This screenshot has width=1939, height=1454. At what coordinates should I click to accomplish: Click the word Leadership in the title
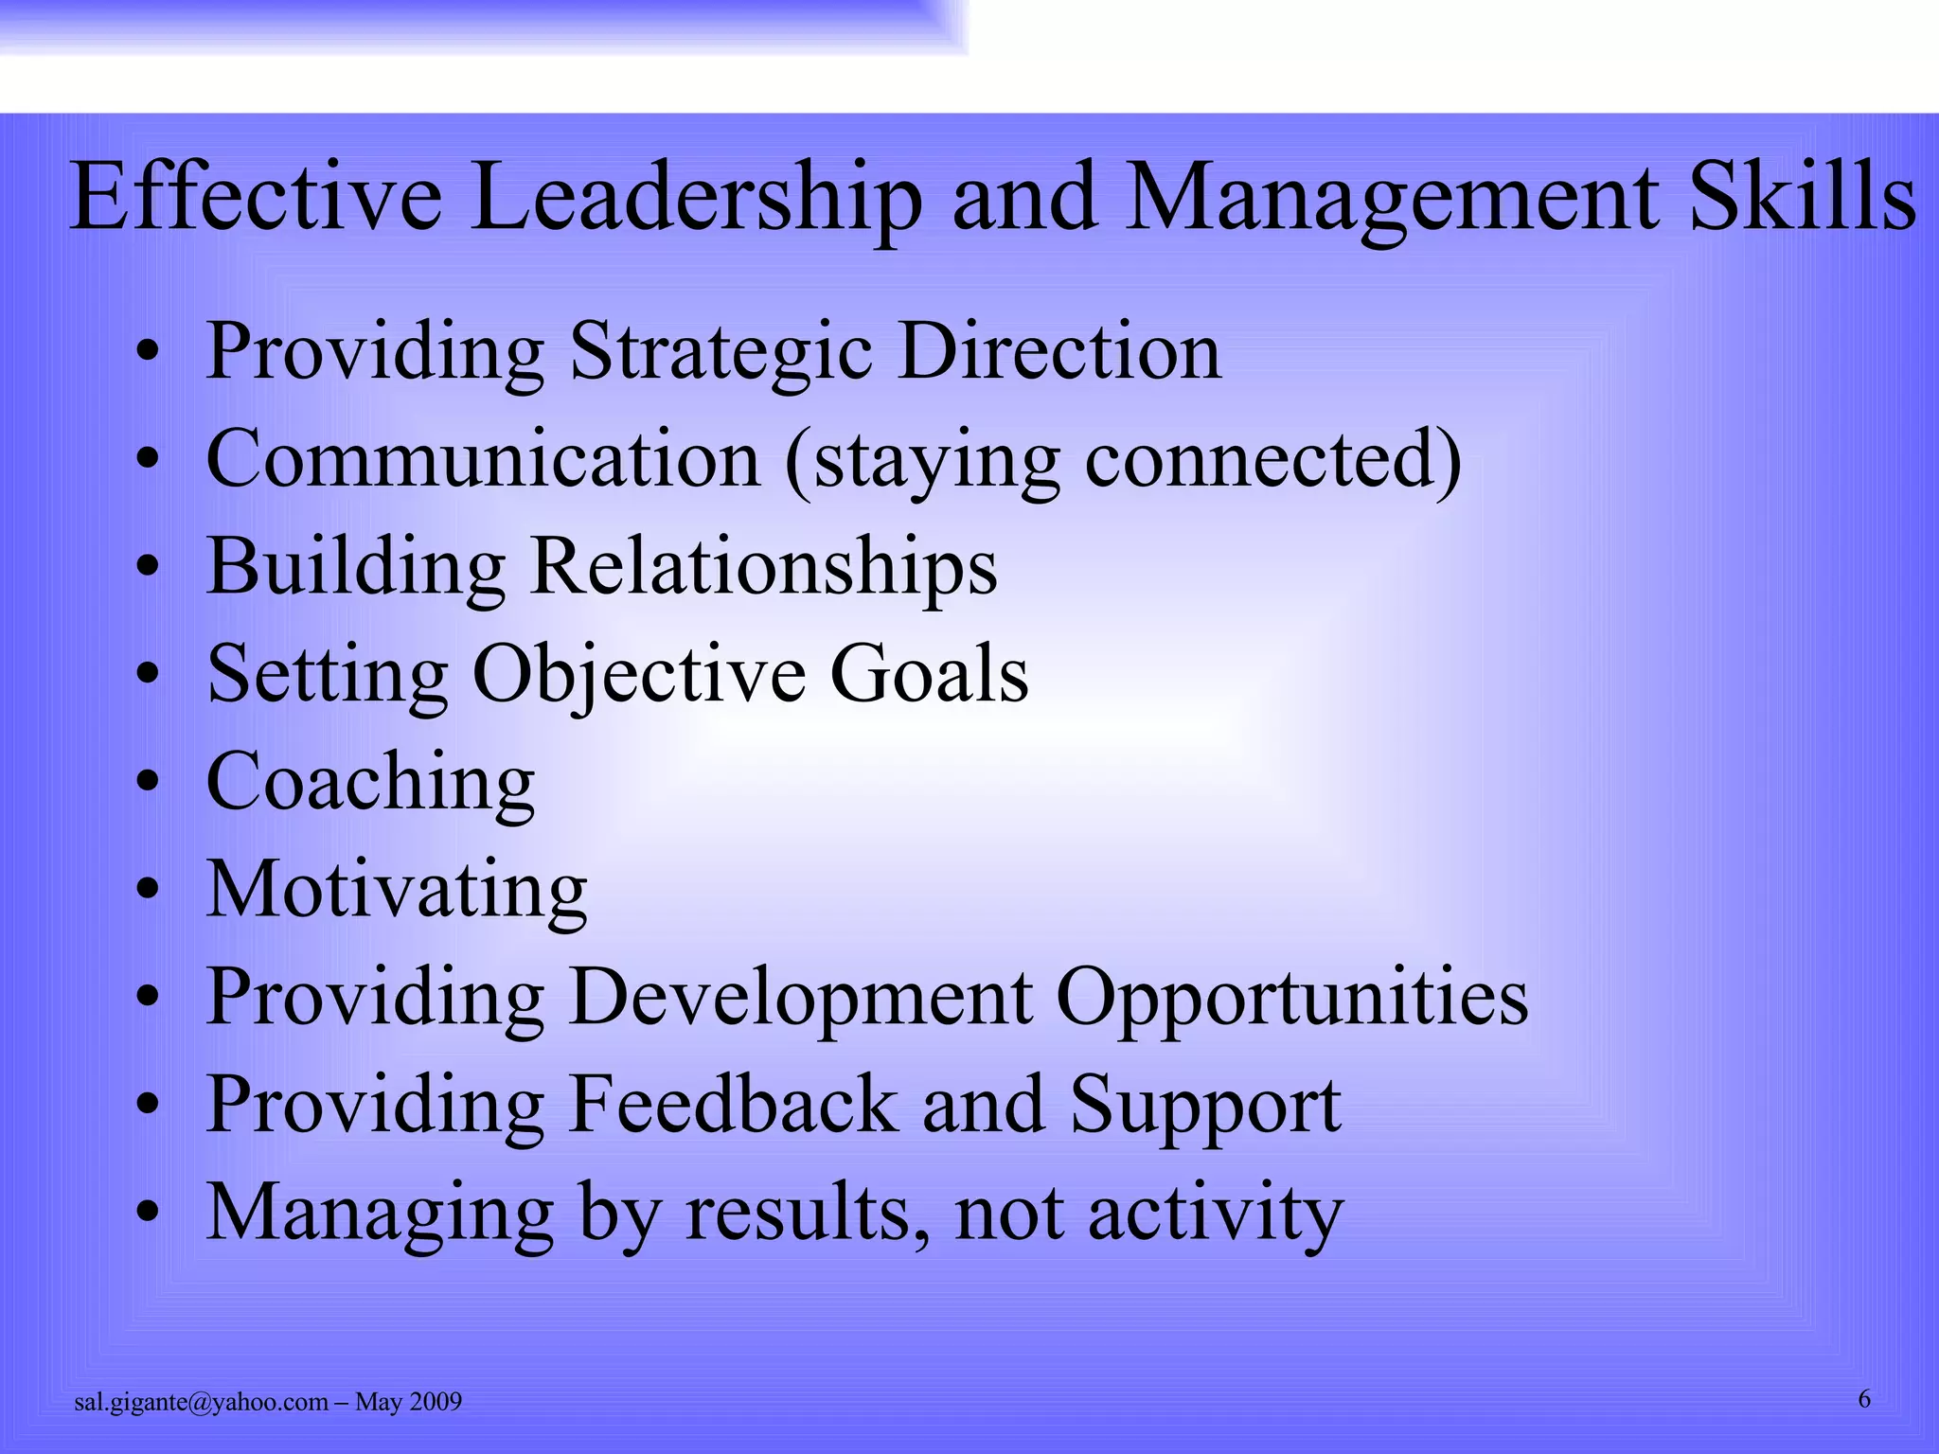tap(695, 198)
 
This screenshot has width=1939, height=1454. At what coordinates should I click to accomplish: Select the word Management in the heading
tap(1393, 198)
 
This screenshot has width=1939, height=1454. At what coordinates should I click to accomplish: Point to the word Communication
tap(484, 459)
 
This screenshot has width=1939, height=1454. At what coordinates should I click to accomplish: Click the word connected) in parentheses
tap(1273, 459)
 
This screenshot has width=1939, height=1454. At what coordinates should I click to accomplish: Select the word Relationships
tap(763, 566)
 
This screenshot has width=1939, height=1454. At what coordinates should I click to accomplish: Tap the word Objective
tap(640, 675)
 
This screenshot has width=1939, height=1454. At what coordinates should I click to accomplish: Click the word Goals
tap(929, 675)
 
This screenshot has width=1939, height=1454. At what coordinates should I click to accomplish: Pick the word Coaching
tap(370, 783)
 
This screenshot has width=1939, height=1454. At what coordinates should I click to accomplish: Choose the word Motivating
tap(397, 890)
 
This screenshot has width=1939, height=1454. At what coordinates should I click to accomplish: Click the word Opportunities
tap(1291, 998)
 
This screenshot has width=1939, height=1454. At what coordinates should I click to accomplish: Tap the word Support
tap(1205, 1106)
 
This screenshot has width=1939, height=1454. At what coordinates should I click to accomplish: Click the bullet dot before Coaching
tap(147, 785)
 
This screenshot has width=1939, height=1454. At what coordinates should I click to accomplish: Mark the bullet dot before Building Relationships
tap(147, 568)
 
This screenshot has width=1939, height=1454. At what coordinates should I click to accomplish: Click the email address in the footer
tap(201, 1402)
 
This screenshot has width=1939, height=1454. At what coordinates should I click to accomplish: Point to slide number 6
tap(1864, 1399)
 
